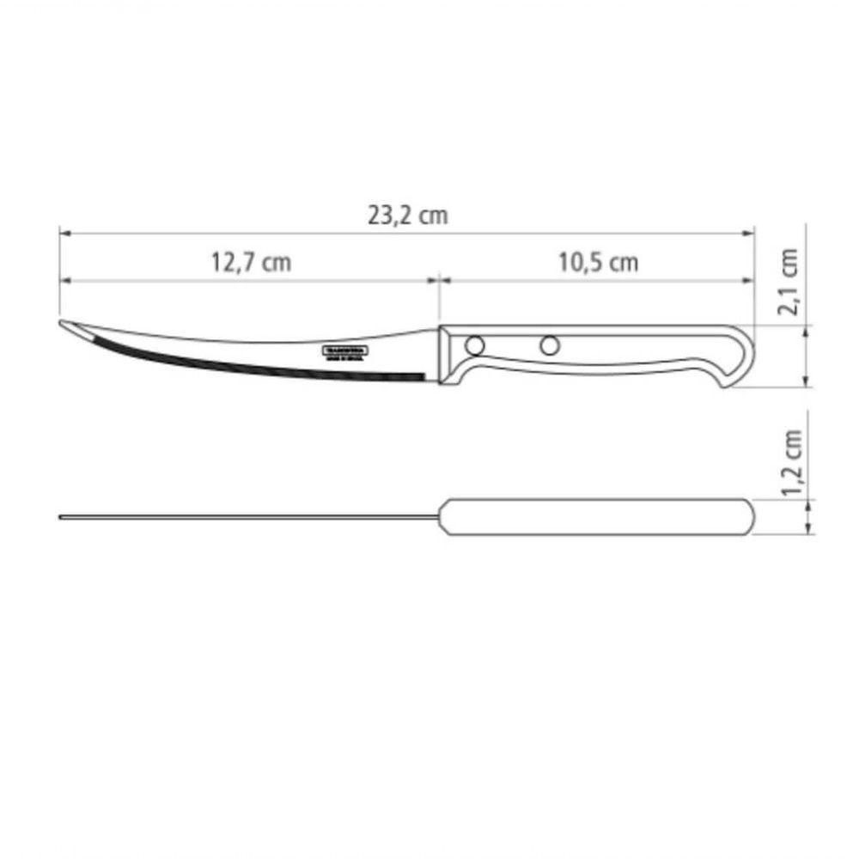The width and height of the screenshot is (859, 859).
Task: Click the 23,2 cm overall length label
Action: pyautogui.click(x=408, y=216)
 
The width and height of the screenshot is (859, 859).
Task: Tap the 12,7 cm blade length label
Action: pyautogui.click(x=252, y=263)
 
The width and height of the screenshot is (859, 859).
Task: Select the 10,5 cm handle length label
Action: pyautogui.click(x=599, y=263)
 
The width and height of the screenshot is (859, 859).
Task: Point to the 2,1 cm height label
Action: pyautogui.click(x=791, y=282)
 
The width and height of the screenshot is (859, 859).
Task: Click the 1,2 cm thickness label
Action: pyautogui.click(x=791, y=464)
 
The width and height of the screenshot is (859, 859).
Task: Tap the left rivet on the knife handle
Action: pyautogui.click(x=472, y=345)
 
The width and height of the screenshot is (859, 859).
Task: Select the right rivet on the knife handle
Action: pyautogui.click(x=548, y=345)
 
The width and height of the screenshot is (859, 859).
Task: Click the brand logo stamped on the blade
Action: pyautogui.click(x=345, y=354)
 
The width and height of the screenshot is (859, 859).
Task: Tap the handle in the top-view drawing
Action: pyautogui.click(x=597, y=517)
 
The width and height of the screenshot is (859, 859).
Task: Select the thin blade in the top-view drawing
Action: pyautogui.click(x=249, y=517)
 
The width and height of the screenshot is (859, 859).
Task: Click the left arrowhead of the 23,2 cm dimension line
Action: pyautogui.click(x=64, y=232)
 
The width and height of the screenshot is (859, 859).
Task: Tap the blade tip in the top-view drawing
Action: pyautogui.click(x=62, y=517)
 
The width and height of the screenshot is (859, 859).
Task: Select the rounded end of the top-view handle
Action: pyautogui.click(x=749, y=517)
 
